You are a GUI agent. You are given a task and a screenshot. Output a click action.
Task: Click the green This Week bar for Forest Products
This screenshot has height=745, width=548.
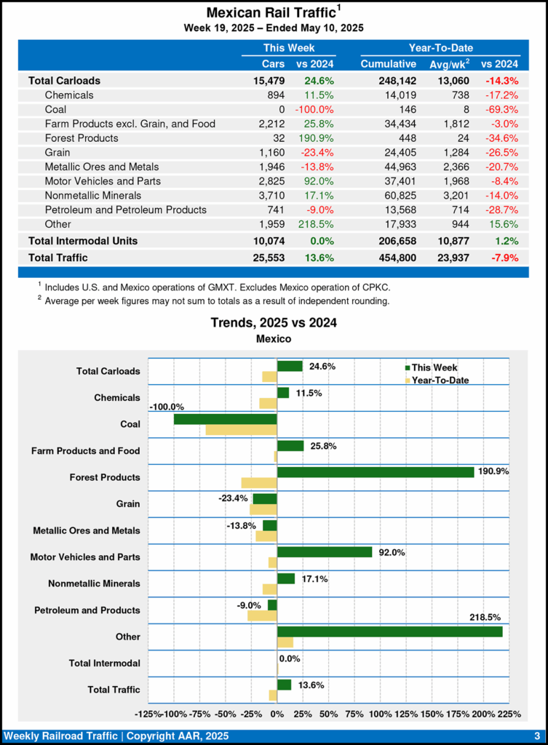tap(376, 472)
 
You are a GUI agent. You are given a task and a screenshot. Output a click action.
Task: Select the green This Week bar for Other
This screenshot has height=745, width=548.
tap(389, 632)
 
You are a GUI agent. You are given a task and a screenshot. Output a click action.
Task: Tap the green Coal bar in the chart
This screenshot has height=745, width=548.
tap(226, 419)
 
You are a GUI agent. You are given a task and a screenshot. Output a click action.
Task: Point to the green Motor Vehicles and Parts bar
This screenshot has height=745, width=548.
tap(325, 552)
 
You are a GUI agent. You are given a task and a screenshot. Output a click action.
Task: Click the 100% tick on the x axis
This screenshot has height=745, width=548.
tap(380, 714)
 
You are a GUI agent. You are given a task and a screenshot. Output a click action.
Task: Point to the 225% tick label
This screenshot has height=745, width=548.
tap(509, 714)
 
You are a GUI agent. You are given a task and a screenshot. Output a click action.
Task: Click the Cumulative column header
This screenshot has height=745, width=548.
tap(388, 64)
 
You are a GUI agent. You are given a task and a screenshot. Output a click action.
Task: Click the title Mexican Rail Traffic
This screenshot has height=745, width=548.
tap(270, 13)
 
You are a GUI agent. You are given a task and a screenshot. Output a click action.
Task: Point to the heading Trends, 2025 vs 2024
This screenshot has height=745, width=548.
tap(274, 322)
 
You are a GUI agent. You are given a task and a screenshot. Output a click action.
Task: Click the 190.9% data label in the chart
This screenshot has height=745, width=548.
tap(493, 471)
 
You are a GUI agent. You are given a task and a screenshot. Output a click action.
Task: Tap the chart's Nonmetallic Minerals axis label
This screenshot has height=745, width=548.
tap(94, 583)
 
